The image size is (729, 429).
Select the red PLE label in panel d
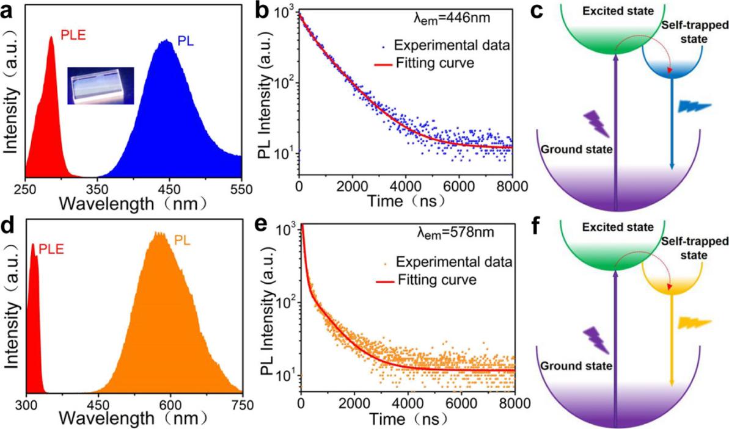[x=51, y=248]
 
